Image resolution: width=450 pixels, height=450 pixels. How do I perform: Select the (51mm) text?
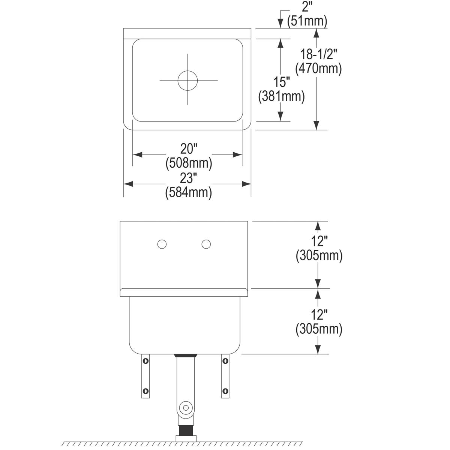tap(307, 21)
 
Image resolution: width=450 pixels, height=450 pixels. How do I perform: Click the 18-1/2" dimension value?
tap(318, 54)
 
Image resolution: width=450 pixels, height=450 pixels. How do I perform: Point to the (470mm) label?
tap(318, 69)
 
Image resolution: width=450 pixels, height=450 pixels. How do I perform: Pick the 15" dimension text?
tap(282, 82)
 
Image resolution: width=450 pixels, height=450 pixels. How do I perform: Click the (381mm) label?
tap(281, 96)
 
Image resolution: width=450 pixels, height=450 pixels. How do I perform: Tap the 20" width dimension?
tap(189, 149)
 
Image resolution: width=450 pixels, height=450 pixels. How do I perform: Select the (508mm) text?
tap(189, 163)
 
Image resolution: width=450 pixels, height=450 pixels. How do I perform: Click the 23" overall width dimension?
tap(189, 178)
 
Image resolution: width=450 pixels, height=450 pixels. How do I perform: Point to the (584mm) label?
tap(189, 193)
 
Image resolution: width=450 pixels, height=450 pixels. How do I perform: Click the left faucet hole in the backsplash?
tap(162, 244)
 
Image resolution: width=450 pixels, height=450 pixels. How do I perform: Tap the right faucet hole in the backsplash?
tap(206, 244)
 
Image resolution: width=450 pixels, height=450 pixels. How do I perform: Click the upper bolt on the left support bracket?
tap(145, 361)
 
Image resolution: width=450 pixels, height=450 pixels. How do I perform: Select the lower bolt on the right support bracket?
tap(225, 391)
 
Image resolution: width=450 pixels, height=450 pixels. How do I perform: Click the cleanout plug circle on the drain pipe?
tap(186, 408)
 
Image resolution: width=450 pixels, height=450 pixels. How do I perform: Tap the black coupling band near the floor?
tap(186, 430)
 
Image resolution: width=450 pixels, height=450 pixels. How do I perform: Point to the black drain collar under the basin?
tap(186, 355)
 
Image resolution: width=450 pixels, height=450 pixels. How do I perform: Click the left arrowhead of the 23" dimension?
tap(128, 184)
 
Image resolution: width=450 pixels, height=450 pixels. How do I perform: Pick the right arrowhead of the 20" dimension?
tap(238, 154)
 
